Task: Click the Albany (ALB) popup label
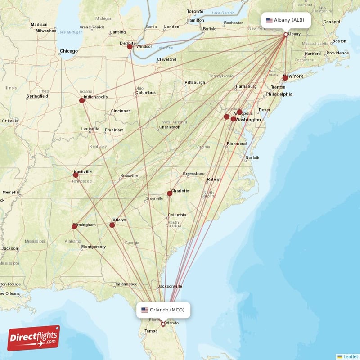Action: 286,20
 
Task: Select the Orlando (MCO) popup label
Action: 163,310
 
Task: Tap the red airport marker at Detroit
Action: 130,46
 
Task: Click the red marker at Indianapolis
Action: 82,100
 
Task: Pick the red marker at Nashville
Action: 76,175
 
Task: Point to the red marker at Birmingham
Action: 74,226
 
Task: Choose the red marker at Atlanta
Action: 112,225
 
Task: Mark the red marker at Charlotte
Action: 170,193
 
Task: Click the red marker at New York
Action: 285,78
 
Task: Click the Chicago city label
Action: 69,51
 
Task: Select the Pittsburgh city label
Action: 194,82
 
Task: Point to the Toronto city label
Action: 195,11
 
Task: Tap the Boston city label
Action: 339,41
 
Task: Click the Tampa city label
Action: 151,331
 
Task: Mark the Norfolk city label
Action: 252,157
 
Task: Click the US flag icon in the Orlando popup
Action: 144,310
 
